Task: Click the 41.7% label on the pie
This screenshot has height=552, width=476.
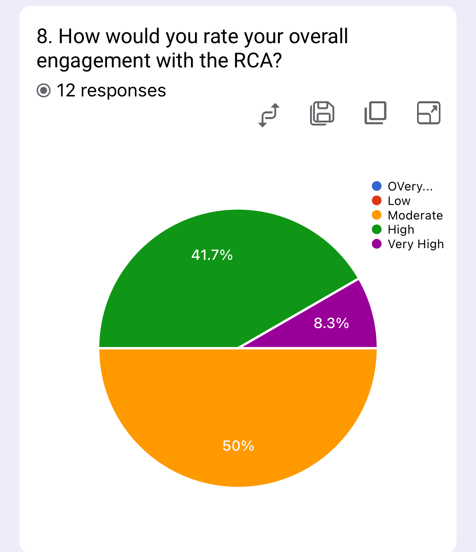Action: point(212,255)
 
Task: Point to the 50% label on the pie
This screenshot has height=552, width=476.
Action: point(238,446)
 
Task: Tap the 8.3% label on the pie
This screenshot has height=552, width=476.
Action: point(331,323)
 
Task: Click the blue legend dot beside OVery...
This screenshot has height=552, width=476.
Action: point(377,186)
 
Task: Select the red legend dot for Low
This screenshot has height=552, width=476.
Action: point(377,201)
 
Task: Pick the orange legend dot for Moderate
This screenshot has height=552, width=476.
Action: point(377,215)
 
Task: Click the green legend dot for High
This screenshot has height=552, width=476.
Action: point(377,230)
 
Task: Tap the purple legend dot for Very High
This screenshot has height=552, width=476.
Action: point(377,244)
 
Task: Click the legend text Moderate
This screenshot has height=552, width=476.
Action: point(415,215)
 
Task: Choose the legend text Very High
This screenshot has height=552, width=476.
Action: point(415,245)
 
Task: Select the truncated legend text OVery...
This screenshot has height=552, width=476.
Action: point(410,186)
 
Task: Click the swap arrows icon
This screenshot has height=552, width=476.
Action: point(269,115)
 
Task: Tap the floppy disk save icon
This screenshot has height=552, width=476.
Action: point(322,113)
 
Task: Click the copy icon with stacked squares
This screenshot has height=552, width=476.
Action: point(375,113)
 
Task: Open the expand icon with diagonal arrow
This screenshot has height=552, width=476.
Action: point(428,113)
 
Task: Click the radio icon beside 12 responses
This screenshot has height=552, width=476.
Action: point(44,91)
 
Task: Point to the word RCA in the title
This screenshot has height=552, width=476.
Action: point(254,61)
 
